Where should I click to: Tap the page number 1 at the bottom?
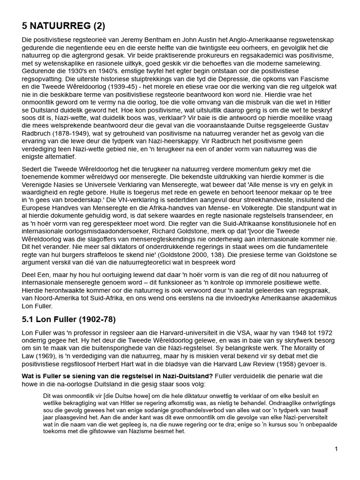[x=336, y=449]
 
